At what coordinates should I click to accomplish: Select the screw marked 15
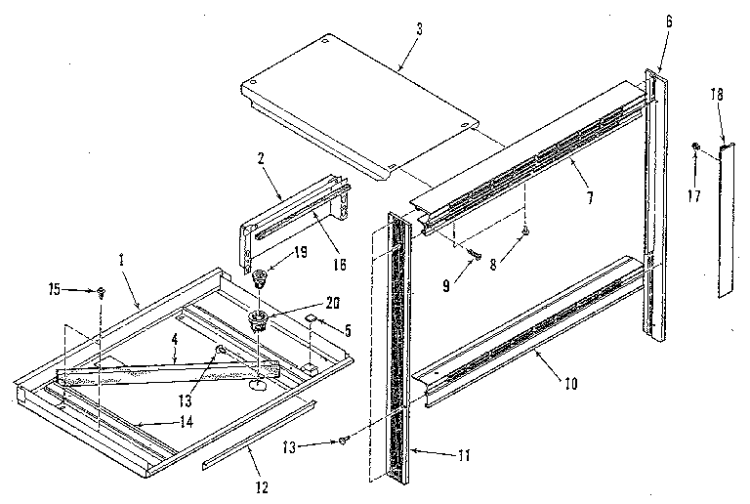pyautogui.click(x=102, y=291)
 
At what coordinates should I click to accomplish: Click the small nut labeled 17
pyautogui.click(x=695, y=147)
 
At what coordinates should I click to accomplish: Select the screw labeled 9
pyautogui.click(x=476, y=254)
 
